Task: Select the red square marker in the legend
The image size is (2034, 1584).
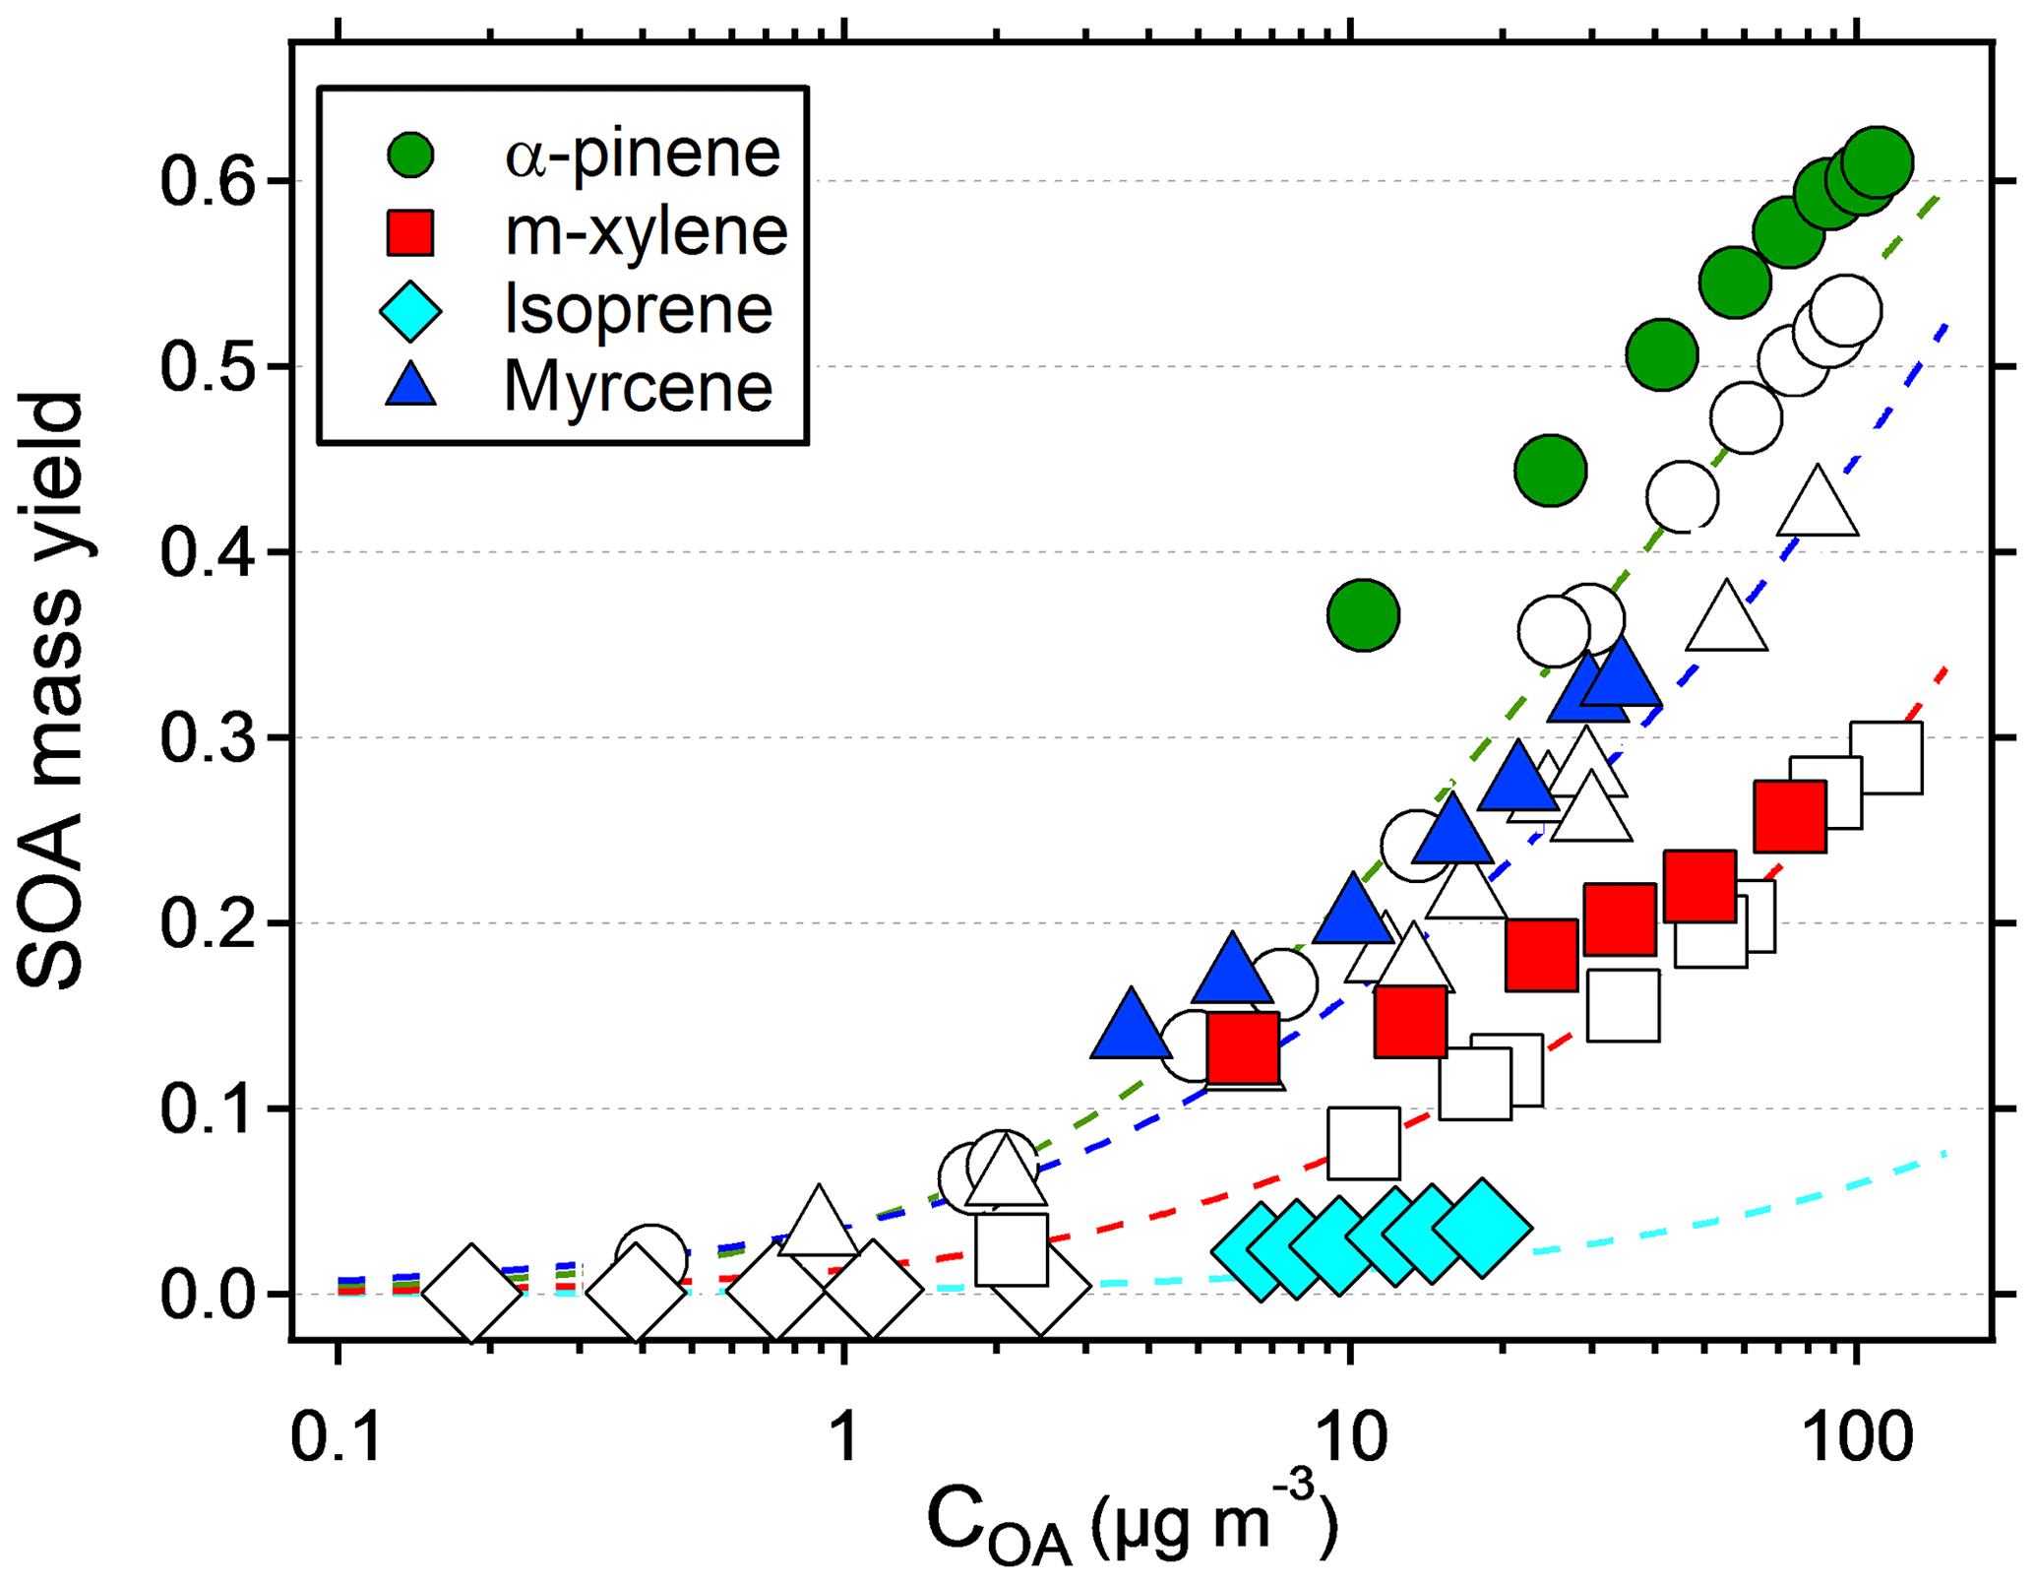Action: [410, 232]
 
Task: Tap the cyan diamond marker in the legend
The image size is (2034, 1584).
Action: [410, 310]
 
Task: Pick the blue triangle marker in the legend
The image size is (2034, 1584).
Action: [410, 385]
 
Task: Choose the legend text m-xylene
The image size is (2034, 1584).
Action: [646, 232]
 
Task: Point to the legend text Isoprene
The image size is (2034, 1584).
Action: [638, 309]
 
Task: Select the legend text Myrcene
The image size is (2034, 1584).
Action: [638, 386]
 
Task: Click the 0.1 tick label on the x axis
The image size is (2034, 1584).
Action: [337, 1437]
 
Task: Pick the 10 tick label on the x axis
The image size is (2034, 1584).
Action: [1351, 1437]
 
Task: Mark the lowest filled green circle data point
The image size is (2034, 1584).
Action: [1363, 615]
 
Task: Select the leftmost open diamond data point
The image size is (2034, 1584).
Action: [472, 1293]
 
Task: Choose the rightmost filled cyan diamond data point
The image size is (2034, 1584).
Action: [1482, 1228]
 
